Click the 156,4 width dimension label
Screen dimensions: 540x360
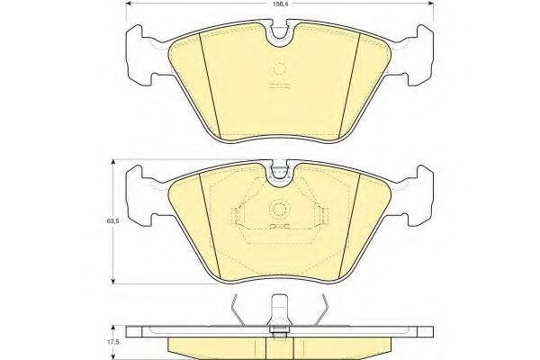tap(280, 4)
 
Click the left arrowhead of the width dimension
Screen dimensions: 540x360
tap(129, 4)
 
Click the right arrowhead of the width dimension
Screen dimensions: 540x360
tap(430, 4)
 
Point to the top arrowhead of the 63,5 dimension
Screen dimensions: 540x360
tap(113, 162)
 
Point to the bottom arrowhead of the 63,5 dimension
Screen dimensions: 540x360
tap(113, 281)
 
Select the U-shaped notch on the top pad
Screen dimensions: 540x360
tap(280, 34)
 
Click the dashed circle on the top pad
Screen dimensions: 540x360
tap(280, 69)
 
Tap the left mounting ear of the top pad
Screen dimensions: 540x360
tap(140, 55)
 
